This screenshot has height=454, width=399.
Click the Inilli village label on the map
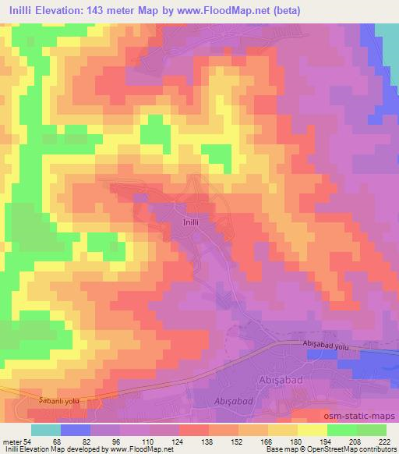point(194,221)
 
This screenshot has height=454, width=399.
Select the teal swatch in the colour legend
point(45,431)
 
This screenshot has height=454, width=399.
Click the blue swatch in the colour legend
point(75,431)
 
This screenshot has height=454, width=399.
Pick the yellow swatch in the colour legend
point(312,431)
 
